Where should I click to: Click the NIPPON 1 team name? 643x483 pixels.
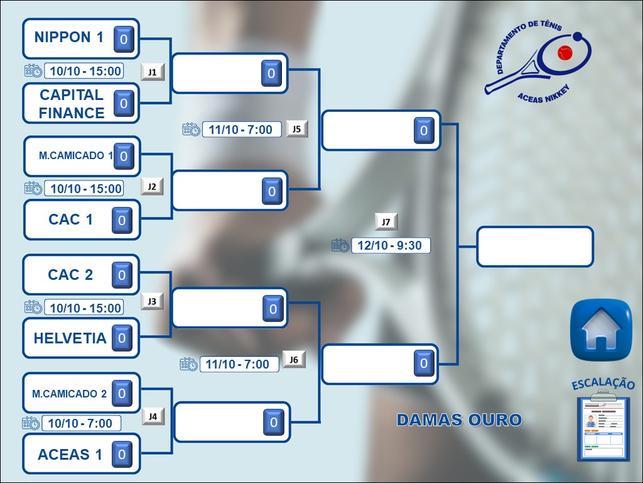[x=69, y=37]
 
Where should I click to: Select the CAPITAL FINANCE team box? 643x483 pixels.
[x=81, y=103]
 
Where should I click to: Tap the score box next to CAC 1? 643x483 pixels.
[x=122, y=220]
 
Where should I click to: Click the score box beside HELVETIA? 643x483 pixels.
[x=122, y=338]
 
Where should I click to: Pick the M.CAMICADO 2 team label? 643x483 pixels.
[x=69, y=394]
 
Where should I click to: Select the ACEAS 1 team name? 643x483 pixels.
[x=70, y=455]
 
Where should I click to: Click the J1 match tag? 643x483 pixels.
[x=152, y=72]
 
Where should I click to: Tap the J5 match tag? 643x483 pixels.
[x=296, y=129]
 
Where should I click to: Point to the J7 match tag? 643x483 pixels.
[x=386, y=222]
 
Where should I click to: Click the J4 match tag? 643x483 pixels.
[x=153, y=416]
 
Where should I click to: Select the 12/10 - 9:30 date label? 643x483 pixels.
[x=391, y=246]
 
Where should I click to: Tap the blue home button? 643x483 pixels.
[x=601, y=330]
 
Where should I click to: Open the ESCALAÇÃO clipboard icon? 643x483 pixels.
[x=603, y=425]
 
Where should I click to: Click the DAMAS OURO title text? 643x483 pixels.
[x=459, y=419]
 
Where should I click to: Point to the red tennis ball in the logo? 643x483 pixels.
[x=565, y=53]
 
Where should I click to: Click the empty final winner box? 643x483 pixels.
[x=535, y=247]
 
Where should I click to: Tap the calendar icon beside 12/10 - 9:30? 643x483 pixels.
[x=340, y=245]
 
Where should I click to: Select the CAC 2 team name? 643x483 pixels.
[x=70, y=275]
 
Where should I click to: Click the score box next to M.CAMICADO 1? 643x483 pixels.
[x=124, y=156]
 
